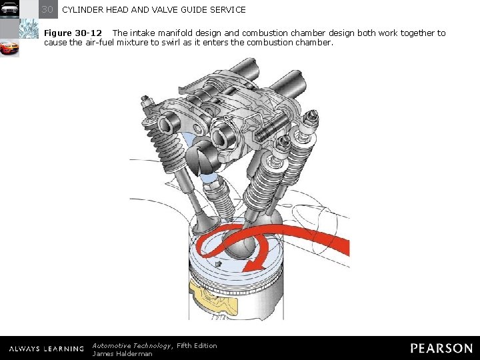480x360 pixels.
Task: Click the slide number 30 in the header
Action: pyautogui.click(x=47, y=9)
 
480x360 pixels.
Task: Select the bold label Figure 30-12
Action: pyautogui.click(x=73, y=33)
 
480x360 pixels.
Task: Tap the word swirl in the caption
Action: pyautogui.click(x=171, y=42)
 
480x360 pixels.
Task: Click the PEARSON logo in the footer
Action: pyautogui.click(x=441, y=348)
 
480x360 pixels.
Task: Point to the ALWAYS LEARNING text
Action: pyautogui.click(x=46, y=349)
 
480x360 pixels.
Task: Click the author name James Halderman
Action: pyautogui.click(x=122, y=354)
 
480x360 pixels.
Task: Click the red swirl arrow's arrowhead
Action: pyautogui.click(x=254, y=266)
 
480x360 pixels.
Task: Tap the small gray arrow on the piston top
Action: pyautogui.click(x=218, y=264)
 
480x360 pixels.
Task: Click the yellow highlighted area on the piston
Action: pyautogui.click(x=213, y=297)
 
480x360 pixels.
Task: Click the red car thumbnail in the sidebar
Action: pyautogui.click(x=9, y=48)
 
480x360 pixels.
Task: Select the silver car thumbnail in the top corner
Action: pyautogui.click(x=9, y=9)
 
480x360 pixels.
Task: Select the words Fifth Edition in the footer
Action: pyautogui.click(x=197, y=346)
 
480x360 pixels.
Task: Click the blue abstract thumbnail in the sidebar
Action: pyautogui.click(x=29, y=29)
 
